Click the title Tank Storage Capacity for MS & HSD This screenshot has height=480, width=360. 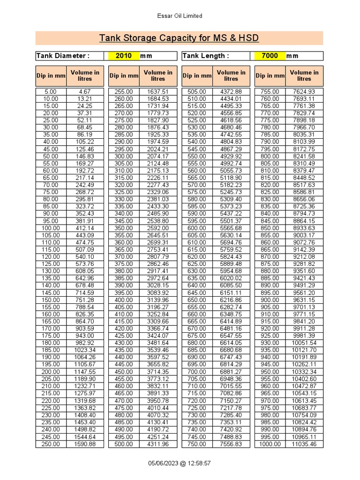coord(179,38)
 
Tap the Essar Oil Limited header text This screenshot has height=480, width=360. coord(180,16)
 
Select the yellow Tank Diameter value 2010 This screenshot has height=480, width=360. coord(123,56)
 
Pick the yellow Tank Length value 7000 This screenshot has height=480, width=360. coord(270,56)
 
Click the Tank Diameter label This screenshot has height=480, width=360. coord(63,56)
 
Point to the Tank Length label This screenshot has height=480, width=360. coord(206,56)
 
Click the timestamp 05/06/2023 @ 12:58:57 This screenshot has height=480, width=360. coord(180,463)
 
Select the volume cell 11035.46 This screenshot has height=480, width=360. coord(304,444)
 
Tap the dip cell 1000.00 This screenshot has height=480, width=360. coord(270,444)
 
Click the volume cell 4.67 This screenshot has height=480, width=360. coord(85,91)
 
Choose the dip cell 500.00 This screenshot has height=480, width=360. coord(124,444)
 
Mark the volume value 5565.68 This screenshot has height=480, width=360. coord(231,228)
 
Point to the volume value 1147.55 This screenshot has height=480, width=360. coord(85,372)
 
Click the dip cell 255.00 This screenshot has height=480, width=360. coord(124,91)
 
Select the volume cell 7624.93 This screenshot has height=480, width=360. coord(304,91)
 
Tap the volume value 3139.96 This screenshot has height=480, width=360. coord(158,300)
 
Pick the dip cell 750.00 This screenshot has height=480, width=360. coord(197,444)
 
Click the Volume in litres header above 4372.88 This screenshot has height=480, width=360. coord(231,75)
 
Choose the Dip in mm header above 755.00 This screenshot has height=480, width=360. coord(270,75)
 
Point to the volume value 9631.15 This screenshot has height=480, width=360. coord(304,300)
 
